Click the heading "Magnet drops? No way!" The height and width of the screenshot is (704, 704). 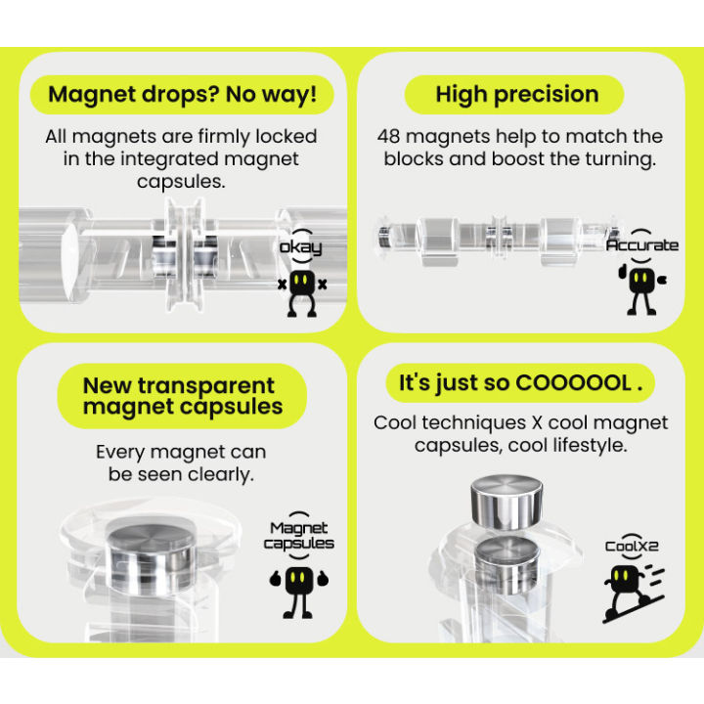182,95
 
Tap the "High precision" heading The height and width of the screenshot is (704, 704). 517,95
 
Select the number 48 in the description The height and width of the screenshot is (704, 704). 388,137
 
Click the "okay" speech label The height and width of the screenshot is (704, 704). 300,247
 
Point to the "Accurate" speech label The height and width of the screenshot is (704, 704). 642,245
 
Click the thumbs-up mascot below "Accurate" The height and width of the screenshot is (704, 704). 642,290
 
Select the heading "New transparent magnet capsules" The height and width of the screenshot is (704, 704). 183,396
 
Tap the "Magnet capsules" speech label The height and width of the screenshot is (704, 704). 298,536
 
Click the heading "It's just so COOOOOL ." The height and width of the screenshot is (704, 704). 521,383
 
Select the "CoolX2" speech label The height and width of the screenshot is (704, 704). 633,547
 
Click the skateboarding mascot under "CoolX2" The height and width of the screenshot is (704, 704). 633,594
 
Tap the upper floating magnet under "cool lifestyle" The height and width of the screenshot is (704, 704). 506,502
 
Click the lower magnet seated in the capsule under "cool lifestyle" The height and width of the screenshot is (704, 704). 507,565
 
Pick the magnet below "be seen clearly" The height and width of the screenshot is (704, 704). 151,555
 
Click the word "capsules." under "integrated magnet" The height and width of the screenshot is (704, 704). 182,182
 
